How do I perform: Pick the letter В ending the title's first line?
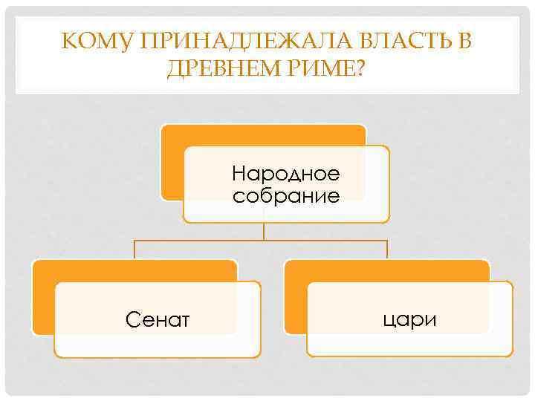click(464, 42)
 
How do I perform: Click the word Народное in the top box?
click(286, 175)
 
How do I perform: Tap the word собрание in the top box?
click(286, 196)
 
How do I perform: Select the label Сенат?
click(158, 320)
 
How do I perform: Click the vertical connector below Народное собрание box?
click(264, 231)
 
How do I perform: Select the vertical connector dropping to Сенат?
click(134, 250)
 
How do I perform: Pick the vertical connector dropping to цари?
click(387, 250)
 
